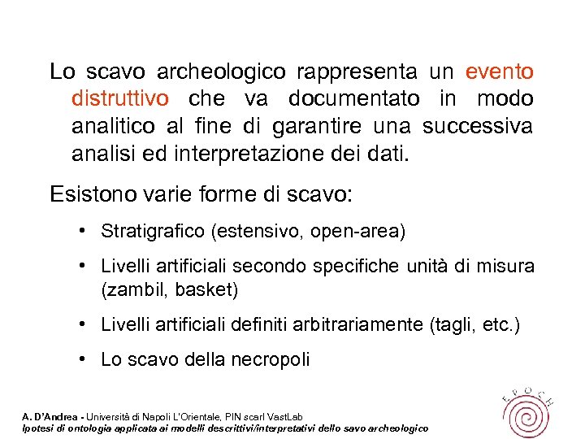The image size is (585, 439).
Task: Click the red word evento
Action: coord(499,72)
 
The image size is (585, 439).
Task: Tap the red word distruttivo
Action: coord(120,99)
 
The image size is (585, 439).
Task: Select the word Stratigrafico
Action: coord(153,232)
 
